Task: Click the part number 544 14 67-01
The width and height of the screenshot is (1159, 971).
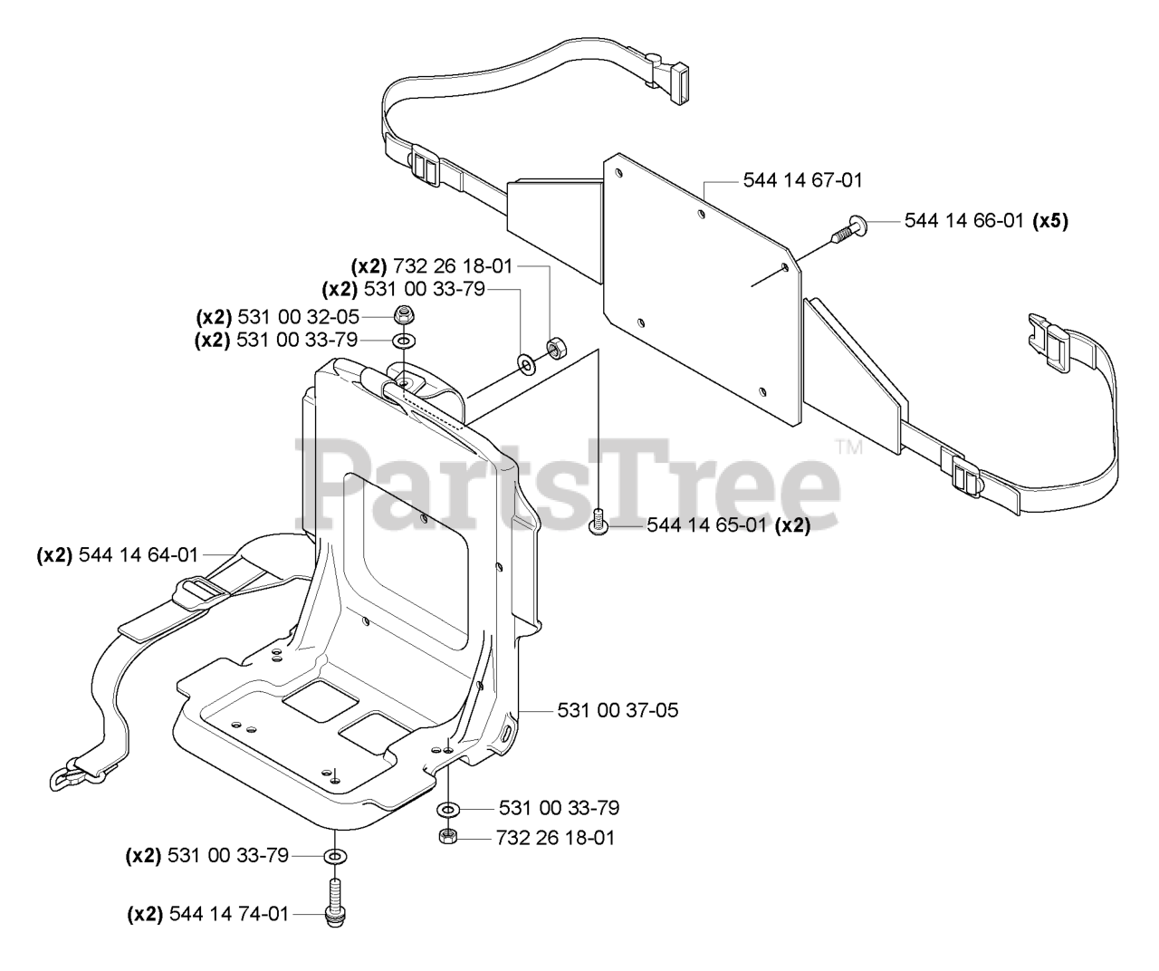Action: click(x=802, y=180)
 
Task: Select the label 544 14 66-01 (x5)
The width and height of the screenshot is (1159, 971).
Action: click(x=986, y=220)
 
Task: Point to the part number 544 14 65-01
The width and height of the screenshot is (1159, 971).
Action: click(x=728, y=525)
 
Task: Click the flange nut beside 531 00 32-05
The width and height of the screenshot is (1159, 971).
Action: click(x=402, y=316)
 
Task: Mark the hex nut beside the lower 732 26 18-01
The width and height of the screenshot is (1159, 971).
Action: click(x=446, y=837)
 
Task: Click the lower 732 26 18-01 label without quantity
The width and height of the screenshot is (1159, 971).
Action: click(x=555, y=838)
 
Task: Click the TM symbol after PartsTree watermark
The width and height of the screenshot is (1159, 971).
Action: click(x=849, y=447)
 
